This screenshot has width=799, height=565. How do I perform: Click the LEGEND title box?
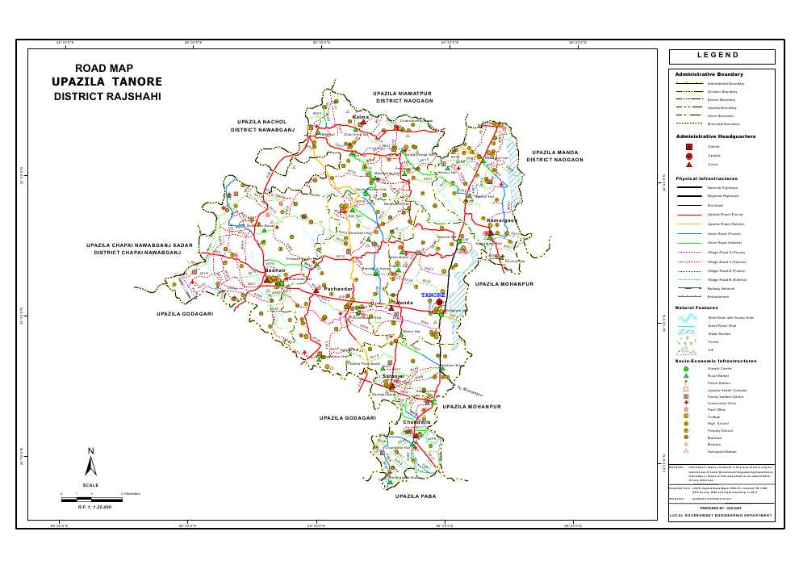[x=722, y=56]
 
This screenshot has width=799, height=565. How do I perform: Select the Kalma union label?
[x=361, y=117]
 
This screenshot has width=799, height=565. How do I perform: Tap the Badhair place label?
[x=276, y=270]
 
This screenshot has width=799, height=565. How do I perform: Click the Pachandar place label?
[x=338, y=288]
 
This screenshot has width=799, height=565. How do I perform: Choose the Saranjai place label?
[x=392, y=377]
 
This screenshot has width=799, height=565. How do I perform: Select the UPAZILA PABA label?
[x=416, y=496]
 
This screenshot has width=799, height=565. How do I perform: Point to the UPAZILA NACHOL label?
[x=262, y=121]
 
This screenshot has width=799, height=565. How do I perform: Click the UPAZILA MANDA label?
[x=554, y=152]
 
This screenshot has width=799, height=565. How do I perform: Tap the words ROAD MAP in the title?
[x=104, y=69]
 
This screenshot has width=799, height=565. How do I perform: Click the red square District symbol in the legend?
[x=688, y=147]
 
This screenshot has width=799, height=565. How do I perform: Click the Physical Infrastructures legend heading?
[x=706, y=178]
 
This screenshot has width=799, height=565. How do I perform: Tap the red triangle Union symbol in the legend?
[x=688, y=164]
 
